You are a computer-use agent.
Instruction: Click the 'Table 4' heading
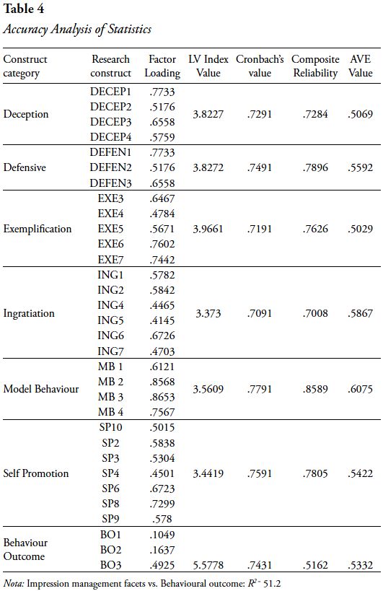tap(23, 9)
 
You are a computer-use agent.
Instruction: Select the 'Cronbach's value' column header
tap(260, 66)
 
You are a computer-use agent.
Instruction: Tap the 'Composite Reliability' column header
tap(315, 66)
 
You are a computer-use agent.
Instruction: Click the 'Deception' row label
tap(26, 114)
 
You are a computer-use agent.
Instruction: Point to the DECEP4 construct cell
tap(111, 137)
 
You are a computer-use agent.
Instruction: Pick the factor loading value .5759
tap(162, 137)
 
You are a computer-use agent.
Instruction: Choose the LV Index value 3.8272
tap(208, 167)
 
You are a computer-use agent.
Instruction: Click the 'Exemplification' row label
tap(38, 229)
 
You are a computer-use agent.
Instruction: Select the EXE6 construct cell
tap(111, 244)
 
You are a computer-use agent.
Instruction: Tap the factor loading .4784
tap(162, 214)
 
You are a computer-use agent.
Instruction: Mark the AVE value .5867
tap(361, 313)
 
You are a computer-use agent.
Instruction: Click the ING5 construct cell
tap(111, 320)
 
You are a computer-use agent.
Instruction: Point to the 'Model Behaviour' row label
tap(41, 389)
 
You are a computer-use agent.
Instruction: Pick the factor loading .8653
tap(162, 397)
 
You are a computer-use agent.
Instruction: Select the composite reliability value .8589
tap(315, 389)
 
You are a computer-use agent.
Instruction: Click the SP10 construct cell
tap(111, 427)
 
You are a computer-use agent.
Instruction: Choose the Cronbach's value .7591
tap(260, 473)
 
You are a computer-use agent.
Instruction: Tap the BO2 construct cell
tap(111, 550)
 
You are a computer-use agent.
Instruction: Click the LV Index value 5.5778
tap(208, 565)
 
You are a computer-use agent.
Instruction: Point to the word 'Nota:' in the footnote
tap(14, 584)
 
